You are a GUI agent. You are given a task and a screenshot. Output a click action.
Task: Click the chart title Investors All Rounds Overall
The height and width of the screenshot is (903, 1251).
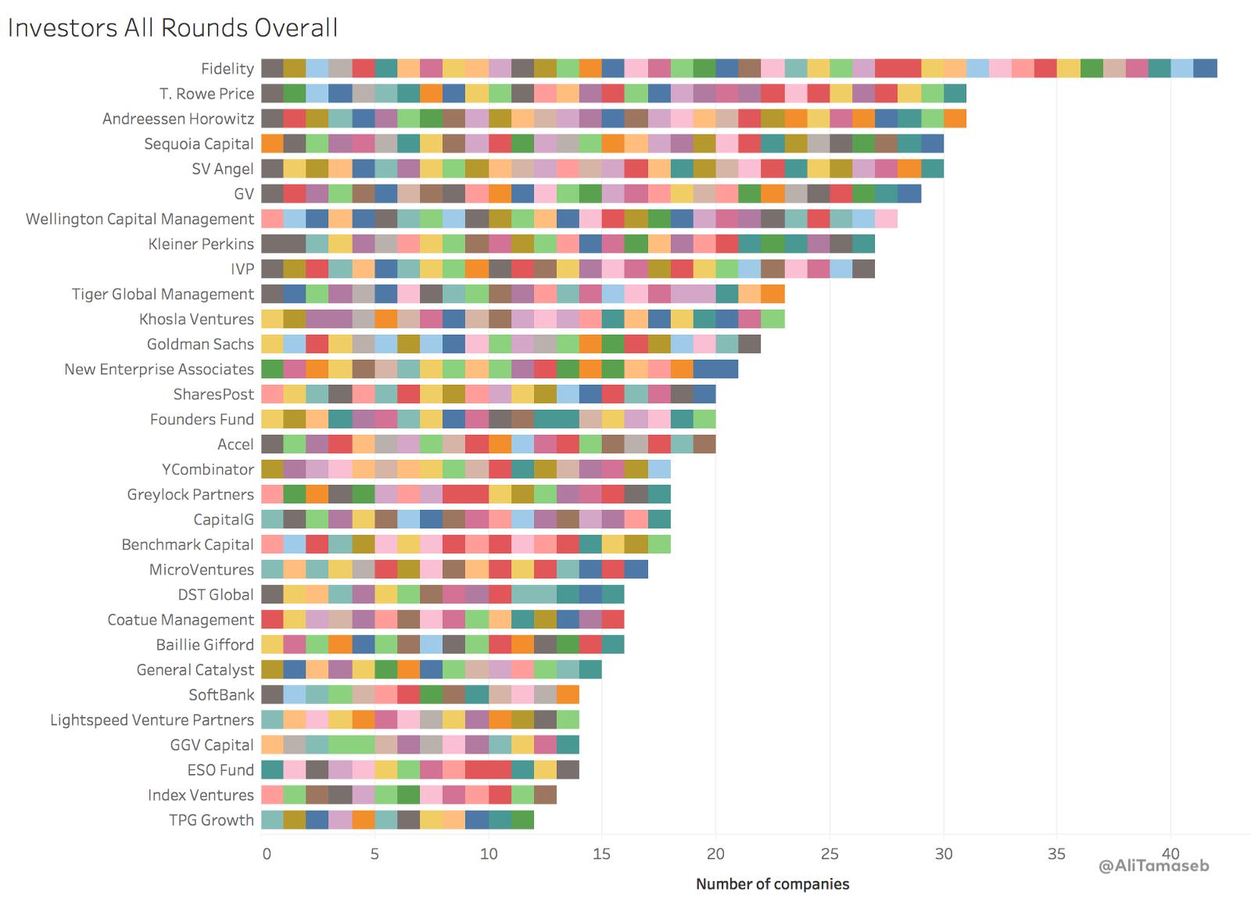point(173,27)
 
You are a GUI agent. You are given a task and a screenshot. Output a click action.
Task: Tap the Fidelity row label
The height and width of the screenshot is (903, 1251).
point(227,69)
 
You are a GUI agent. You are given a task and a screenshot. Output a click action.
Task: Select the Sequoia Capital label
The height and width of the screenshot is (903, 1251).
point(199,144)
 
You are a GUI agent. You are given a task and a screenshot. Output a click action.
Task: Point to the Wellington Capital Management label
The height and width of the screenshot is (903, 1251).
point(140,219)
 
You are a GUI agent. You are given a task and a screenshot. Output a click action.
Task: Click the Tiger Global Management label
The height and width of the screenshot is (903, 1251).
point(163,294)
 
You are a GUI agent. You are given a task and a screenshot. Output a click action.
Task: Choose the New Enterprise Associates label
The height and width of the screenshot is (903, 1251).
point(159,369)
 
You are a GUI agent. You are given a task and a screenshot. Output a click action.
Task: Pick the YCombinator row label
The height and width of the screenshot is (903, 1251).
point(207,469)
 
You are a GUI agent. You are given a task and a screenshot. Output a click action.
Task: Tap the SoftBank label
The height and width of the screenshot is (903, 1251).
point(221,694)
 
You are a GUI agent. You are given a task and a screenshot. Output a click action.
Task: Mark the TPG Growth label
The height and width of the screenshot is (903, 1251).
point(212,819)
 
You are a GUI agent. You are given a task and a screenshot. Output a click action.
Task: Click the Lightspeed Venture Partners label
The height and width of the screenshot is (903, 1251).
point(152,719)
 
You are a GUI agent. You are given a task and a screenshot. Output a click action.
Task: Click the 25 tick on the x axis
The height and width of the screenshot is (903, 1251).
point(830,854)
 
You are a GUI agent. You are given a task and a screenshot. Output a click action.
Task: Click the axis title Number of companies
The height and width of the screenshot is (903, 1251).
point(772,884)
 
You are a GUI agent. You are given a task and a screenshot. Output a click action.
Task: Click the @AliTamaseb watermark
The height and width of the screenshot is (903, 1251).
point(1153,866)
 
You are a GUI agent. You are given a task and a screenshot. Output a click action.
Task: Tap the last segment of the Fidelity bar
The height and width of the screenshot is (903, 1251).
point(1205,68)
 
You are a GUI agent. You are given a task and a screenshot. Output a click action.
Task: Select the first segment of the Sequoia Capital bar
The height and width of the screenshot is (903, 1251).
point(272,143)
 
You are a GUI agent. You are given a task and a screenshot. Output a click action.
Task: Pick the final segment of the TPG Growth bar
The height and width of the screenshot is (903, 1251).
point(522,819)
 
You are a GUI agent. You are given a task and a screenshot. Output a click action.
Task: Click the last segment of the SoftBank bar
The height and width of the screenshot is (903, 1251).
point(568,694)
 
